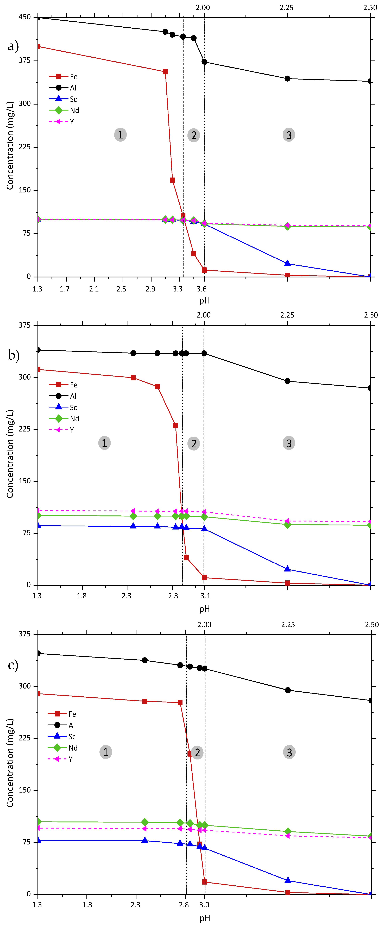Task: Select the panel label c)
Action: pyautogui.click(x=13, y=665)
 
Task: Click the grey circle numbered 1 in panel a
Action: pyautogui.click(x=120, y=135)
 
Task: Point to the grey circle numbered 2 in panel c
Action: pyautogui.click(x=197, y=752)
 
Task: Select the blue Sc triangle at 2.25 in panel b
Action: pyautogui.click(x=287, y=569)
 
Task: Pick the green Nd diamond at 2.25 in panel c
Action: pyautogui.click(x=287, y=831)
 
